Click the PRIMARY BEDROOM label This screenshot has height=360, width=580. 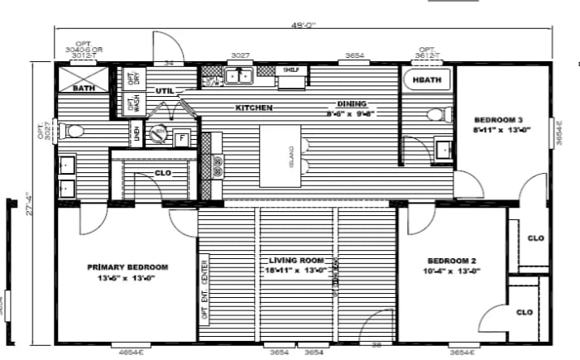(127, 267)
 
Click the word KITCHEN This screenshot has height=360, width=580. (254, 108)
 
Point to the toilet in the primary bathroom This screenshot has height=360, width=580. (74, 131)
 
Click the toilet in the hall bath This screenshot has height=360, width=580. (435, 114)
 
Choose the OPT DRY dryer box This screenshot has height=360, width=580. (132, 79)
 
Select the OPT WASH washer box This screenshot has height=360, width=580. (132, 104)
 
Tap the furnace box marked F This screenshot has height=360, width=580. (181, 138)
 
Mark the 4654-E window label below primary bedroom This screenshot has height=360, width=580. (127, 353)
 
